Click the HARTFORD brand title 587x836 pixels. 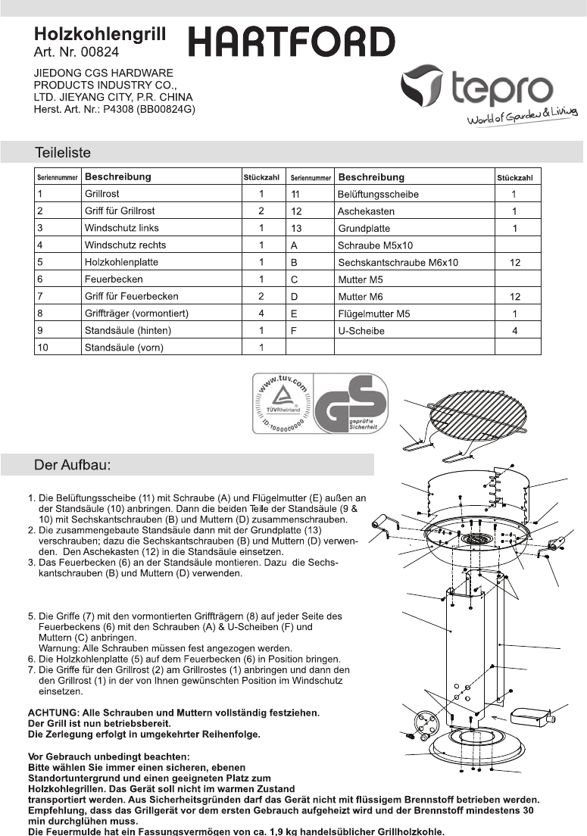pos(292,42)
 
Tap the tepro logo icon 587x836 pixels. pos(420,86)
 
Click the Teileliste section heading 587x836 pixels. pos(62,152)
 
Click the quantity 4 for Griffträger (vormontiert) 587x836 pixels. pos(261,313)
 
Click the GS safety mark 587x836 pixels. pos(350,403)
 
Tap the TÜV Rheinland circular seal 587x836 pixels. pos(283,403)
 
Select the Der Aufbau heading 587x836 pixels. pos(73,465)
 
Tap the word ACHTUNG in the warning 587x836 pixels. pos(52,713)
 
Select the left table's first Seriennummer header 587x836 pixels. pos(57,177)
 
